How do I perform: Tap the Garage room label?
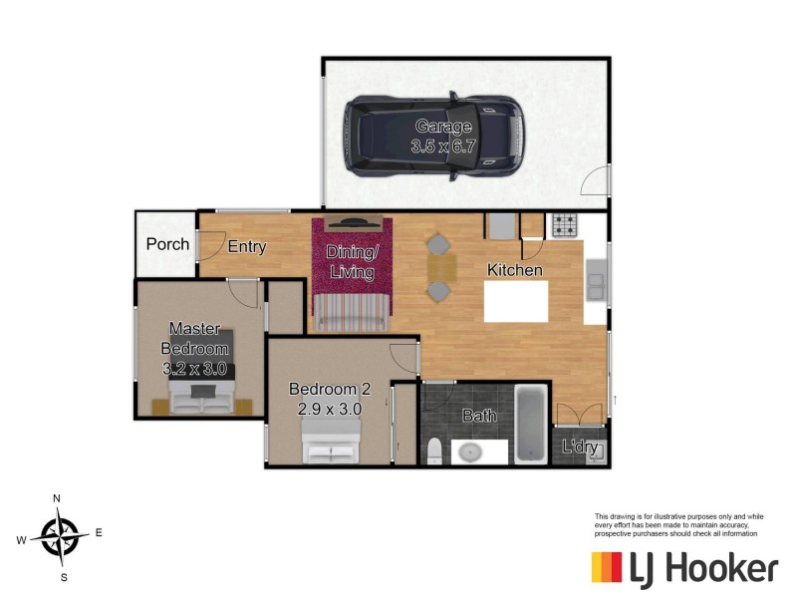point(443,127)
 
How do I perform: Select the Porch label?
point(167,244)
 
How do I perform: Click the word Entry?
point(246,247)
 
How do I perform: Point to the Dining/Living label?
point(353,262)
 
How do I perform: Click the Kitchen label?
point(514,270)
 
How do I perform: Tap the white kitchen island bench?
point(515,301)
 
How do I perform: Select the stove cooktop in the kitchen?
point(565,226)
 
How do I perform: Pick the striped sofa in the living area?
point(352,312)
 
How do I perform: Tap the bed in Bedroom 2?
point(331,439)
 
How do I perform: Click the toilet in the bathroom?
point(433,451)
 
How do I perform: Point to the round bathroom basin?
point(468,451)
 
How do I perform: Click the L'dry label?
point(580,448)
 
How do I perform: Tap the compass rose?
point(60,537)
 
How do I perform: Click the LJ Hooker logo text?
point(703,569)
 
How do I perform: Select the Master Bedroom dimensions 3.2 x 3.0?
point(195,368)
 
